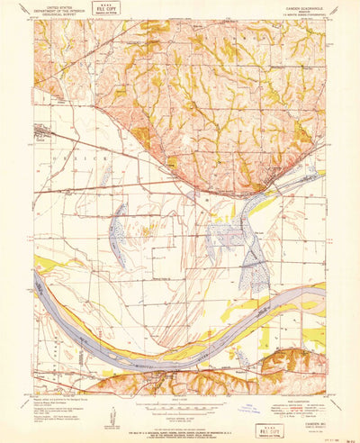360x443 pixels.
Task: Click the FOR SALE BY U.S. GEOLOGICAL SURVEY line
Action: click(x=180, y=424)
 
